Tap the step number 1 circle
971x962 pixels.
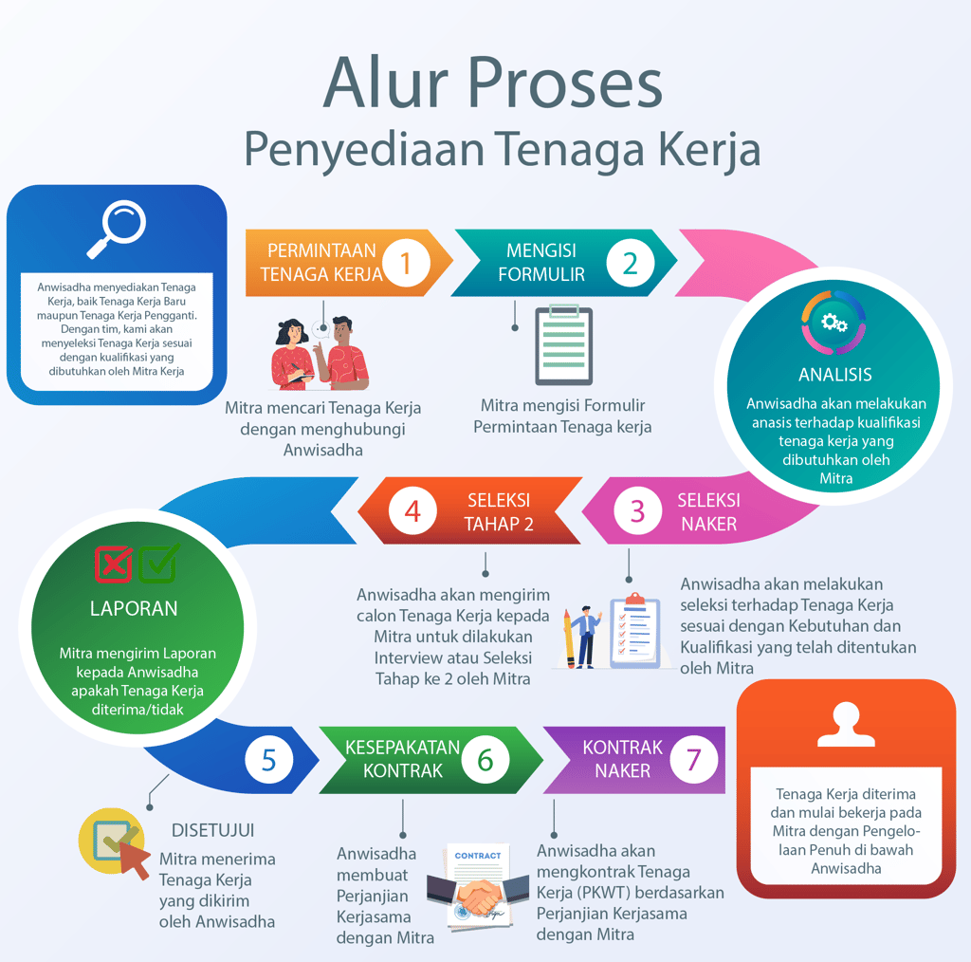tap(407, 263)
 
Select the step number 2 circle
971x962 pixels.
tap(631, 263)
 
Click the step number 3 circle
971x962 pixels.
tap(637, 512)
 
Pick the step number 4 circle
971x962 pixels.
tap(412, 512)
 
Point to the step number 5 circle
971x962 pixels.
tap(269, 760)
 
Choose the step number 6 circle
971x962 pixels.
tap(485, 760)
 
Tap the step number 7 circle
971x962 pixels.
tap(693, 760)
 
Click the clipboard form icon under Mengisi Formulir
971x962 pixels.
tap(563, 344)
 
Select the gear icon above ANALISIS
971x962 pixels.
tap(834, 323)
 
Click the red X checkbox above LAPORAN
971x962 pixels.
tap(114, 564)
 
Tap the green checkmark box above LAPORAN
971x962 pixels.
tap(158, 564)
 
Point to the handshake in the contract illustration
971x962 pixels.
tap(477, 893)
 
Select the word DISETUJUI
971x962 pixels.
tap(212, 830)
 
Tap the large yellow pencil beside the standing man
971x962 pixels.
tap(568, 639)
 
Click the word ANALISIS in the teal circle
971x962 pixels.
tap(834, 375)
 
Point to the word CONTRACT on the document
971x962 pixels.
tap(478, 856)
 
